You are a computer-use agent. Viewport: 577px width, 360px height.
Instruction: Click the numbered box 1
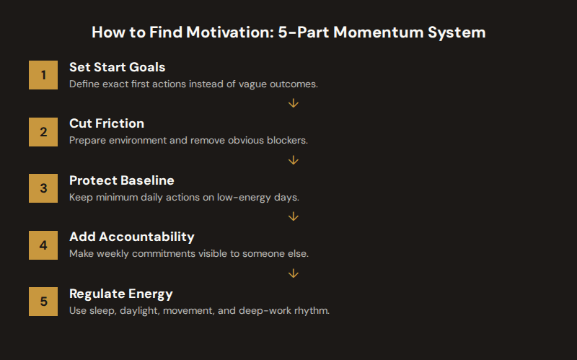tap(43, 75)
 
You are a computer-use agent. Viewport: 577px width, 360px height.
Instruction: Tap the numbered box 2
tap(43, 132)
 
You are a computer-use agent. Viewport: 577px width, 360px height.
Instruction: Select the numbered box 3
tap(43, 188)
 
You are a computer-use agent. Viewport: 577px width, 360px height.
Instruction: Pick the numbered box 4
tap(43, 245)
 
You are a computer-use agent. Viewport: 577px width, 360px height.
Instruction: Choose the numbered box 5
tap(43, 302)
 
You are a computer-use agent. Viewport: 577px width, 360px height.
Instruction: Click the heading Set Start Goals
tap(117, 67)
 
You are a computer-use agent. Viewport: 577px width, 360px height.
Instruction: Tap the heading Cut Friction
tap(107, 123)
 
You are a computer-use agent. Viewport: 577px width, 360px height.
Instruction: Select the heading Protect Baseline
tap(121, 180)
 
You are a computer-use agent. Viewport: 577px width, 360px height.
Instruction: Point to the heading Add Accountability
tap(132, 237)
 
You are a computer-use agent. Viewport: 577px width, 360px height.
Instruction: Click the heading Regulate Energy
tap(120, 294)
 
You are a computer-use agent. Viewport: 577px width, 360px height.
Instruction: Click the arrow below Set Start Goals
tap(293, 103)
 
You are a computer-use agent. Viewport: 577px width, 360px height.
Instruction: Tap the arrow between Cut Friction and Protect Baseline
tap(293, 160)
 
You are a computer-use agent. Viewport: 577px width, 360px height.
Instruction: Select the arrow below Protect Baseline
tap(293, 216)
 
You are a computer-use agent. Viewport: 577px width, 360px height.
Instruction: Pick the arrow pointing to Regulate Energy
tap(293, 273)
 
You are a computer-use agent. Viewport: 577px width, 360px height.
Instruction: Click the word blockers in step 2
tap(287, 140)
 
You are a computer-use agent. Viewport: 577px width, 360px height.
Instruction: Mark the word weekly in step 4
tap(110, 254)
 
